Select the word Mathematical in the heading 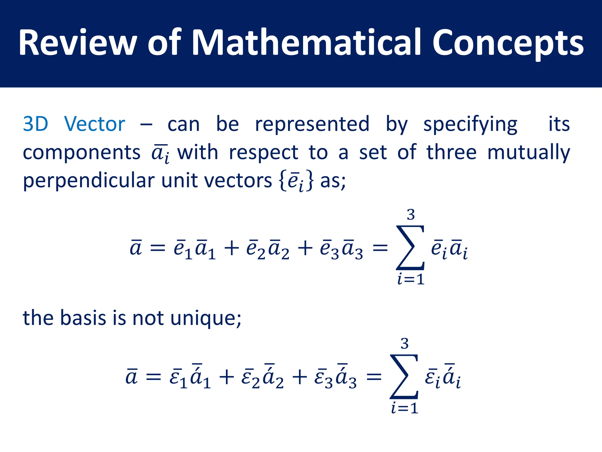[x=306, y=43]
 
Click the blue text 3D [x=36, y=124]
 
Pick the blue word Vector [x=95, y=124]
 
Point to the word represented [x=312, y=124]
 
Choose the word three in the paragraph [x=451, y=152]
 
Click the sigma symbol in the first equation [x=410, y=248]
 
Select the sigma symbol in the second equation [x=404, y=377]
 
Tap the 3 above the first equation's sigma [x=411, y=215]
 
